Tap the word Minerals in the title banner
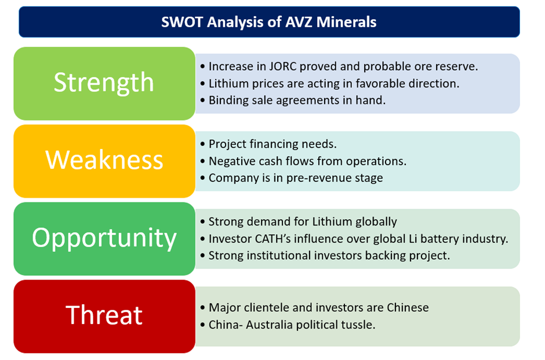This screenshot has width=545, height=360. point(346,22)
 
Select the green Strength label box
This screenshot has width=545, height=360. point(104,83)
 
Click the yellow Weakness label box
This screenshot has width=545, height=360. point(104,161)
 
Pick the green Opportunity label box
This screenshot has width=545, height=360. point(104,239)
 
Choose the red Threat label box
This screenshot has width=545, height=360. point(104,317)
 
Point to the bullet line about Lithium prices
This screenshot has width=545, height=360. point(330,83)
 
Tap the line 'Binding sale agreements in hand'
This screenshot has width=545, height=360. point(293,100)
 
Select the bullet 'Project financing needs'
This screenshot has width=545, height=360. point(268,144)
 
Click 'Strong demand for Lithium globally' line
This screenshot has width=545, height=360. point(299,221)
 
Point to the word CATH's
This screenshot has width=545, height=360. point(279,239)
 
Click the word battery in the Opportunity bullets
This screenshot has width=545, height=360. point(438,239)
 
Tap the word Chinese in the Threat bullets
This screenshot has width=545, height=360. point(408,307)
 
